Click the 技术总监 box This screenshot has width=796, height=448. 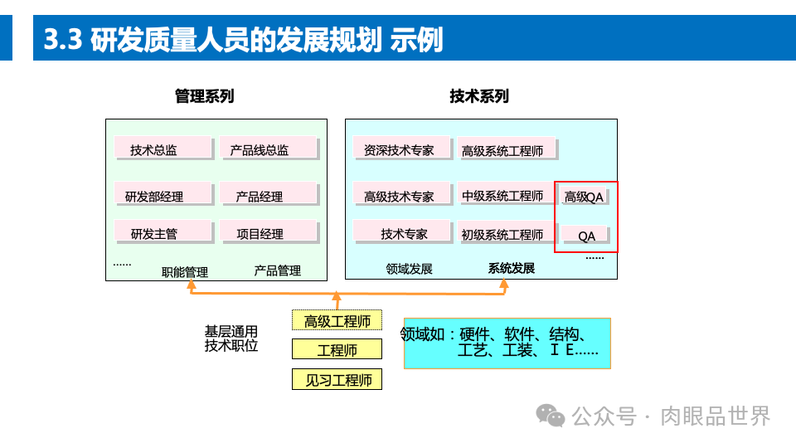click(x=163, y=149)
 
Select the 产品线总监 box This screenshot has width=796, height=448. click(x=269, y=149)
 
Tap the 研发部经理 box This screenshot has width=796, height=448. click(x=163, y=195)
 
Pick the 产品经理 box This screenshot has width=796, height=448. click(x=269, y=195)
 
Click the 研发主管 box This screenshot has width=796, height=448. click(x=163, y=232)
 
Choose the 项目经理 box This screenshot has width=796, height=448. click(x=269, y=232)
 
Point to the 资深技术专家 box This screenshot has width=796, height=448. click(x=401, y=149)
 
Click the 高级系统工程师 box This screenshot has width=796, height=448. click(x=504, y=149)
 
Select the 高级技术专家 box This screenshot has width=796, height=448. click(x=401, y=195)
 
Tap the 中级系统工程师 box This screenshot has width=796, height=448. click(x=504, y=195)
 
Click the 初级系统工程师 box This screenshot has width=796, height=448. click(x=504, y=233)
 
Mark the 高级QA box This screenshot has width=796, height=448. click(x=585, y=196)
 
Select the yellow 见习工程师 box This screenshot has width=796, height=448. click(x=337, y=380)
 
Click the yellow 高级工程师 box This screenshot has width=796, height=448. click(x=337, y=320)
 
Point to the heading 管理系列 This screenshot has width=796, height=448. click(x=205, y=96)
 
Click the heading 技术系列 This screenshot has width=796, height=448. click(x=479, y=96)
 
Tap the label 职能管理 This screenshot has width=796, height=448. click(x=185, y=271)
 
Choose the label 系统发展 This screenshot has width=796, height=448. click(x=512, y=269)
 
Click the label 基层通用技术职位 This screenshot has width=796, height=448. click(x=231, y=338)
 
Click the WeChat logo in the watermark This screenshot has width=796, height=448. click(x=551, y=415)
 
